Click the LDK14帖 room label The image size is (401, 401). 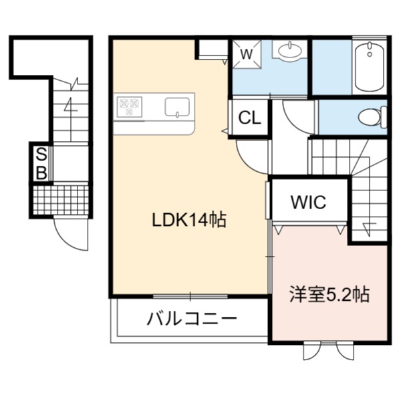(x=189, y=220)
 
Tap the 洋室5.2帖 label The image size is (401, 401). (x=329, y=295)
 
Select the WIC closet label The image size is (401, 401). (x=308, y=202)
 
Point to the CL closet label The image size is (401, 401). (x=249, y=118)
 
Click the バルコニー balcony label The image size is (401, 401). (x=192, y=319)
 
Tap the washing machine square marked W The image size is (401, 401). (x=247, y=54)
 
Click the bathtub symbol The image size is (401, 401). (x=370, y=67)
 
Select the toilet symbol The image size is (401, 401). (x=373, y=117)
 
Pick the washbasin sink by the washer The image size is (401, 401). (x=289, y=50)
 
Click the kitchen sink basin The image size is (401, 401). (x=177, y=107)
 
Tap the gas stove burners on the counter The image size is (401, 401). (x=130, y=107)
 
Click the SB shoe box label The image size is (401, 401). (x=41, y=164)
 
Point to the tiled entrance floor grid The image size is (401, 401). (x=61, y=200)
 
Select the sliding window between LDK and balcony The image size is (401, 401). (x=190, y=296)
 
